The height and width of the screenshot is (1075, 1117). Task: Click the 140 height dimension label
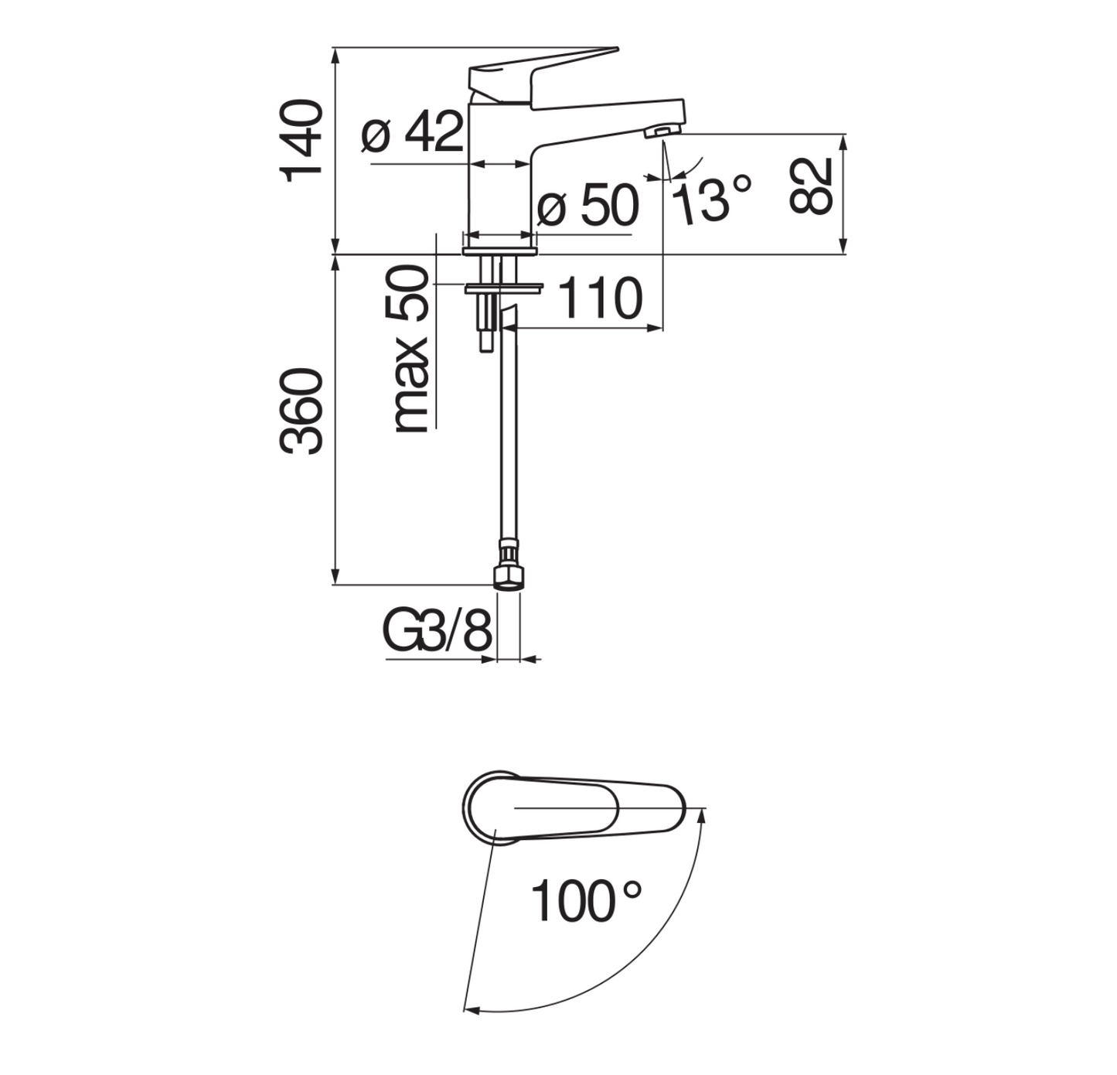(x=301, y=142)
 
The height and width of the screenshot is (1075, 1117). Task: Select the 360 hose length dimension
(x=301, y=411)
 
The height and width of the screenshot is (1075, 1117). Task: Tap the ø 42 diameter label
(x=412, y=132)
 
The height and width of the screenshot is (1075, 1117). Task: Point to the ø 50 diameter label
(x=587, y=205)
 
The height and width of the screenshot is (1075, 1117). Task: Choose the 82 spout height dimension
(x=810, y=186)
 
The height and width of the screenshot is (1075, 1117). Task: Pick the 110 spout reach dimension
(x=600, y=298)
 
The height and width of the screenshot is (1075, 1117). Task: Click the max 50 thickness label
(x=411, y=349)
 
